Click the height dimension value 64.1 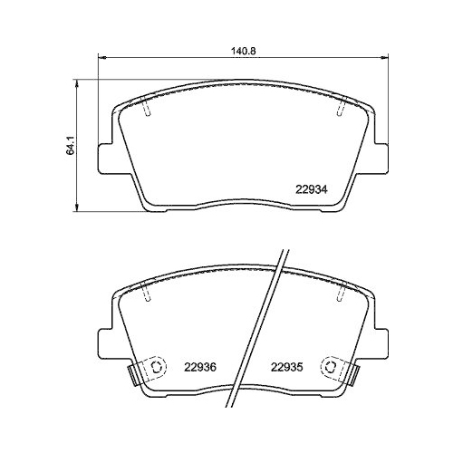click(68, 142)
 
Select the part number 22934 click(311, 188)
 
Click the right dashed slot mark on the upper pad click(339, 108)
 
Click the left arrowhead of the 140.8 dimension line click(100, 60)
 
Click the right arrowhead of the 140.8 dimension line click(388, 60)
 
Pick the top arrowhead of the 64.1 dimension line click(79, 83)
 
